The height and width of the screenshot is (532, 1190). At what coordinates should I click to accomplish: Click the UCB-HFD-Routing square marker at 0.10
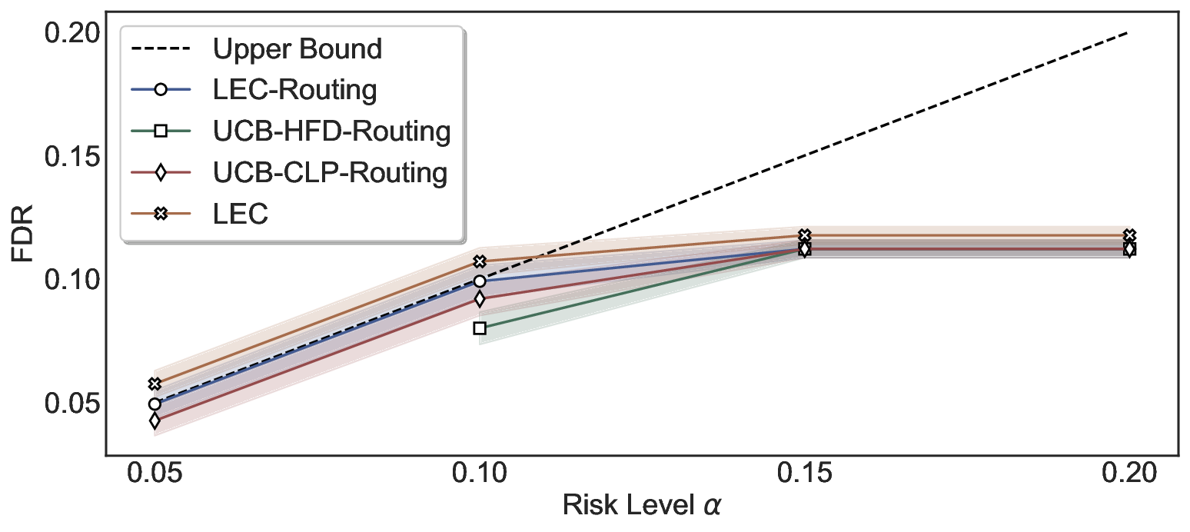[x=480, y=328]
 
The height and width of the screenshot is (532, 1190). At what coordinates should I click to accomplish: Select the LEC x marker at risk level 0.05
[x=155, y=384]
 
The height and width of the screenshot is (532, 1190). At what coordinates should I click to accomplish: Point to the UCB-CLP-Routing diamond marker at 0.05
[x=155, y=421]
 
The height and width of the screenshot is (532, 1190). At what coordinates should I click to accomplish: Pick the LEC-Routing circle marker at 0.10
[x=480, y=281]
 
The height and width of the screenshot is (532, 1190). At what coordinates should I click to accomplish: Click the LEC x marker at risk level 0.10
[x=480, y=262]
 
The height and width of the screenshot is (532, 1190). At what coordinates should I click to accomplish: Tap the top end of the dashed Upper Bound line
[x=1127, y=33]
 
